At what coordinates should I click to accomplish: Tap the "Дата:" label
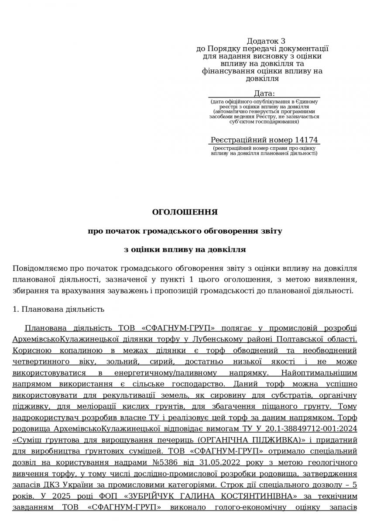click(x=264, y=93)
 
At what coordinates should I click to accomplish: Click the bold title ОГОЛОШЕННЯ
click(x=185, y=212)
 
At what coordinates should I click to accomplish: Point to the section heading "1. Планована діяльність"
click(x=58, y=309)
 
